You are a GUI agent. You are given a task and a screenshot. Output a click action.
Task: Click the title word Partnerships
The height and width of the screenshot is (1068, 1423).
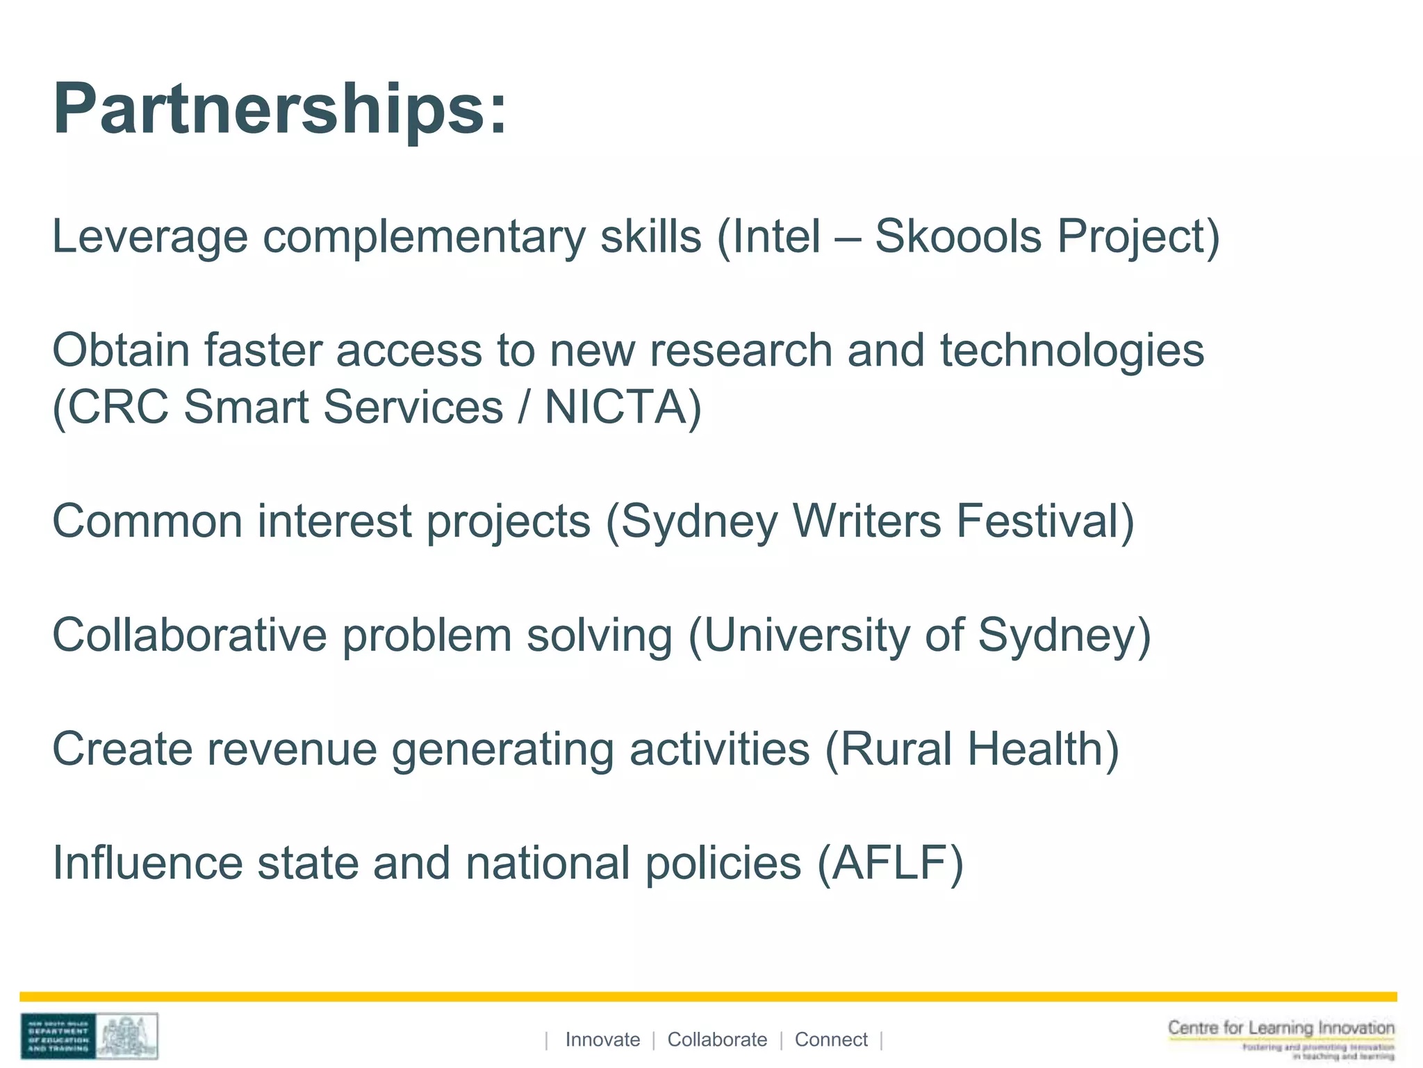pos(281,110)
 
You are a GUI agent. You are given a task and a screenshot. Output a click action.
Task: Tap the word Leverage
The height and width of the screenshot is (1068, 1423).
pos(149,236)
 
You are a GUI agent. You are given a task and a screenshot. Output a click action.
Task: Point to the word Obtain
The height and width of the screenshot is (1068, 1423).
pos(121,350)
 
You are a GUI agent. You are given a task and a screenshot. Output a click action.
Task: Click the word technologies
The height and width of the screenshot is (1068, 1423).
pos(1072,350)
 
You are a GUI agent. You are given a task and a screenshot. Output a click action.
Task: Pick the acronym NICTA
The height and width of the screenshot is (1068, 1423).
pos(616,407)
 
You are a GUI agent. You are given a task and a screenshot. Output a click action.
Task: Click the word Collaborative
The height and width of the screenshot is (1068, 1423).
pos(189,635)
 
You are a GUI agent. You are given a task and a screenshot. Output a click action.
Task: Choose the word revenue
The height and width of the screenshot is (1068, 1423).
pos(291,749)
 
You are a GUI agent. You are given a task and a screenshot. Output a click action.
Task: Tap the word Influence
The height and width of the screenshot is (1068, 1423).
pos(147,863)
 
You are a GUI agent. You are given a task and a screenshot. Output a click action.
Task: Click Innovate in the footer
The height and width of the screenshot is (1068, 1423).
pos(602,1039)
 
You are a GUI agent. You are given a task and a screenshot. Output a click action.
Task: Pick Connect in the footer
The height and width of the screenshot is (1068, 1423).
pos(831,1039)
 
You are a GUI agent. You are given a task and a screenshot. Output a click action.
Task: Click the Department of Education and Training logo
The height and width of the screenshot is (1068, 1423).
pos(89,1036)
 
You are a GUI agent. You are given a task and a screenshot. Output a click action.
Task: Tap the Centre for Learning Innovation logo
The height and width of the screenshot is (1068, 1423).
pos(1281,1038)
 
